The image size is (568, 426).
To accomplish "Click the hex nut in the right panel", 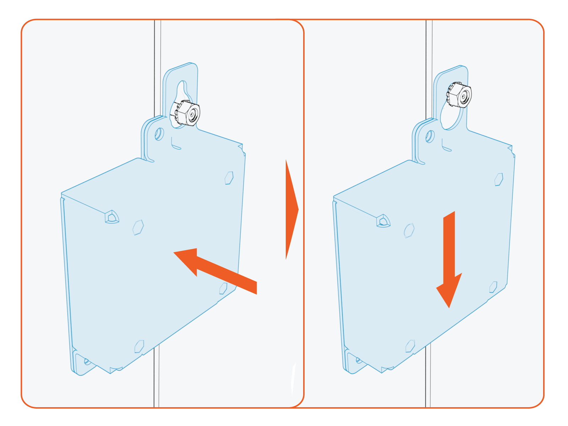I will point(459,94).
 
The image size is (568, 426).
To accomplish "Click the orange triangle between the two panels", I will point(291,209).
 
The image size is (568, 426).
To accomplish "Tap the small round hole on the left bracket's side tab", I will point(159,134).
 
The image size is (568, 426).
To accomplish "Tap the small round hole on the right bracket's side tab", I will point(430,136).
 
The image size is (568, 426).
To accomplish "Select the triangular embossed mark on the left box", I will point(112,217).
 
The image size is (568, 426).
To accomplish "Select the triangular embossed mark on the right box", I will point(383,221).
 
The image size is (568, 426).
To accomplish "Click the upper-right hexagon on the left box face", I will point(229,178).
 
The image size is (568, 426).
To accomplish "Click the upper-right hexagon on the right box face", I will point(499,179).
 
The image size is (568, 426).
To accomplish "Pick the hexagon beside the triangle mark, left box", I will point(138,227).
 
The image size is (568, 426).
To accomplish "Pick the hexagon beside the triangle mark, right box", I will point(409,230).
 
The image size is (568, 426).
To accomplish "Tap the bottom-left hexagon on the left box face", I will point(139,346).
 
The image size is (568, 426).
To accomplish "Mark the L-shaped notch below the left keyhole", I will point(175,144).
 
